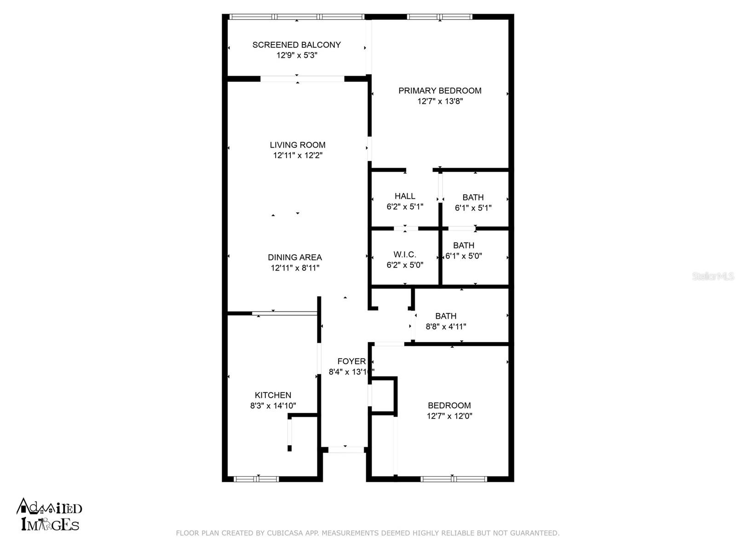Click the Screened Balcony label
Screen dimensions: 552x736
(x=296, y=45)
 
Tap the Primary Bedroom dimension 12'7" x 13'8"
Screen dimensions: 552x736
(x=440, y=101)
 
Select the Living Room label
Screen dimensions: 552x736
(x=298, y=145)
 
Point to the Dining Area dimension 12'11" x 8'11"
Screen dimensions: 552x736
(x=295, y=268)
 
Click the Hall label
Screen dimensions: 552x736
(x=405, y=196)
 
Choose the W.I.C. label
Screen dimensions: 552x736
(x=405, y=254)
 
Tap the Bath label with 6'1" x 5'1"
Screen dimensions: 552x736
(x=473, y=197)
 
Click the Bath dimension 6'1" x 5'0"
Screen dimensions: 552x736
(x=464, y=256)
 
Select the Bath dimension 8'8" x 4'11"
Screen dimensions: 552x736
(x=446, y=327)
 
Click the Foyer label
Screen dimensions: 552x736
(x=351, y=362)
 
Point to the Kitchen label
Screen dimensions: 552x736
(x=273, y=395)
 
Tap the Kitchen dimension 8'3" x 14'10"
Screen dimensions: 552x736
(x=273, y=406)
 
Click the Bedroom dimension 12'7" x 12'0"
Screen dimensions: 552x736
(x=449, y=416)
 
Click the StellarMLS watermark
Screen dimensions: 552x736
(x=713, y=276)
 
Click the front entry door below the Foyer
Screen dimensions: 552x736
(x=345, y=449)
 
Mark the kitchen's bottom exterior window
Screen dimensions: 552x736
(x=256, y=479)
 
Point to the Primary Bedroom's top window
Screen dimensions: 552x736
(x=440, y=17)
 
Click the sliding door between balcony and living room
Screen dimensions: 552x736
(x=302, y=79)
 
